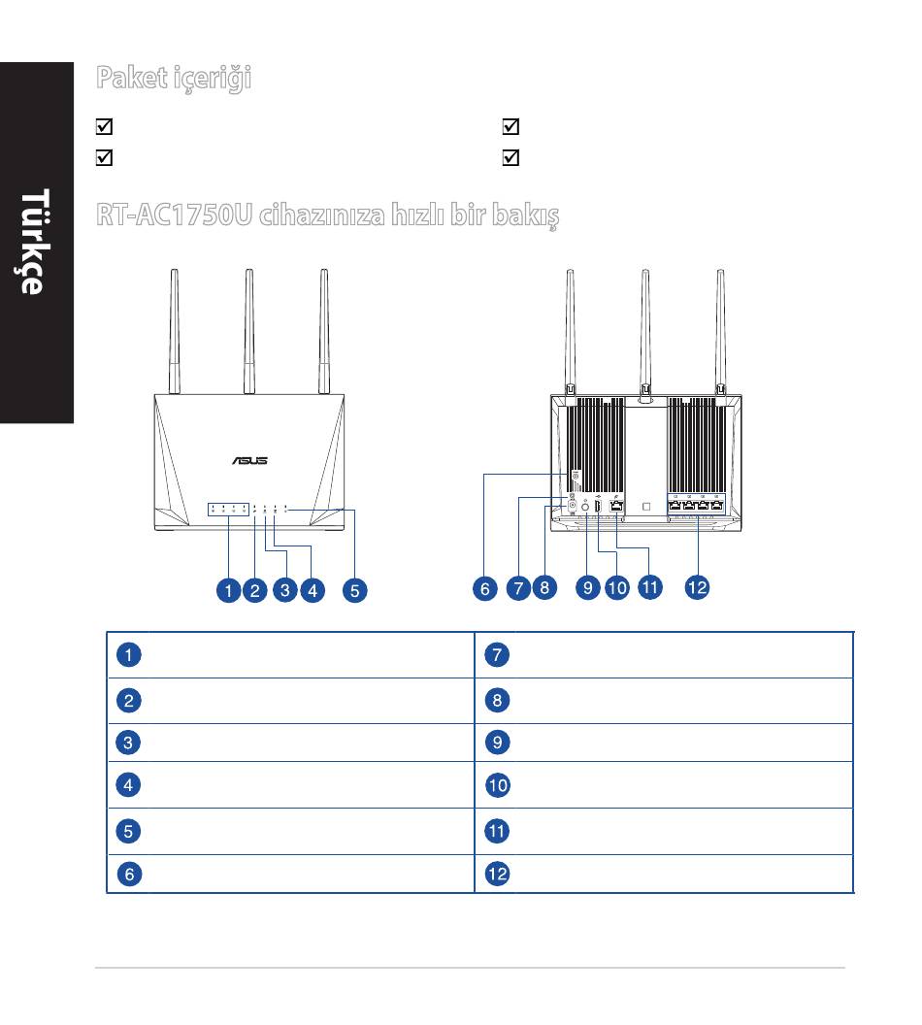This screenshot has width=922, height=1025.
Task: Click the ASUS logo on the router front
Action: pyautogui.click(x=249, y=461)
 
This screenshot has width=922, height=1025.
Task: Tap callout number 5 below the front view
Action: pyautogui.click(x=355, y=590)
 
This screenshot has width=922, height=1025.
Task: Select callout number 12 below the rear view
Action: pyautogui.click(x=697, y=587)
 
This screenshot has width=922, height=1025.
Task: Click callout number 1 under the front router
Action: pyautogui.click(x=229, y=590)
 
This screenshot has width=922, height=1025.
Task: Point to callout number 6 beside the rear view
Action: pyautogui.click(x=485, y=588)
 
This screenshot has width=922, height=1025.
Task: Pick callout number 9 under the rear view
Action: pyautogui.click(x=587, y=587)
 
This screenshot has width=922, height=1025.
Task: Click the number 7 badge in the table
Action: pyautogui.click(x=497, y=654)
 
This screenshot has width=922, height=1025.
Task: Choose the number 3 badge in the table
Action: pyautogui.click(x=128, y=743)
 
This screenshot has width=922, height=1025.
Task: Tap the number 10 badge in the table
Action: pyautogui.click(x=497, y=785)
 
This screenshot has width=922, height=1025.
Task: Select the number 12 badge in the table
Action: pyautogui.click(x=497, y=874)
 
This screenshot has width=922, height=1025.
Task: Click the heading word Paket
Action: pyautogui.click(x=131, y=78)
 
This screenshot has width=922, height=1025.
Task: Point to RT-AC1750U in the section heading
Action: pyautogui.click(x=174, y=215)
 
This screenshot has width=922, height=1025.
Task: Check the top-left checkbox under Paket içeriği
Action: pyautogui.click(x=105, y=126)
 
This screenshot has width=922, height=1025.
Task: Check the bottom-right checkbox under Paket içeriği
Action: pyautogui.click(x=511, y=157)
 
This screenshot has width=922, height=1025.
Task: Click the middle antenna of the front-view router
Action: pyautogui.click(x=249, y=331)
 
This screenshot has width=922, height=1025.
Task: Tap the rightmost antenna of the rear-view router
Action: pyautogui.click(x=720, y=331)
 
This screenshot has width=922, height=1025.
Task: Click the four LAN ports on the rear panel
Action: pyautogui.click(x=696, y=505)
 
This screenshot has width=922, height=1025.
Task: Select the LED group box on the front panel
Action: pyautogui.click(x=228, y=510)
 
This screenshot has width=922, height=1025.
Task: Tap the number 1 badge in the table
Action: pyautogui.click(x=129, y=654)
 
